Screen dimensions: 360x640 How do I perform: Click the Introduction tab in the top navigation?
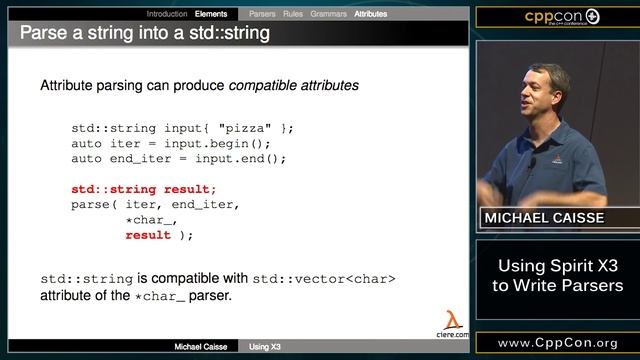[x=166, y=14]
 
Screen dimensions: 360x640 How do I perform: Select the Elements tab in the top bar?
[x=211, y=14]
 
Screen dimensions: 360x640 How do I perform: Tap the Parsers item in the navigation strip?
[x=262, y=14]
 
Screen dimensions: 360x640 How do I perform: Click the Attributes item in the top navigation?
[x=371, y=14]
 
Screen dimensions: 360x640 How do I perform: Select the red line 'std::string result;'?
[x=143, y=189]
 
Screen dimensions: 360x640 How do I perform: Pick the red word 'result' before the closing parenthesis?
[x=146, y=235]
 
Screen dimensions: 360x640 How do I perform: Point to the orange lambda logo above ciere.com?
[x=453, y=319]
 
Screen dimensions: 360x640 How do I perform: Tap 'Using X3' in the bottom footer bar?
[x=265, y=347]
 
